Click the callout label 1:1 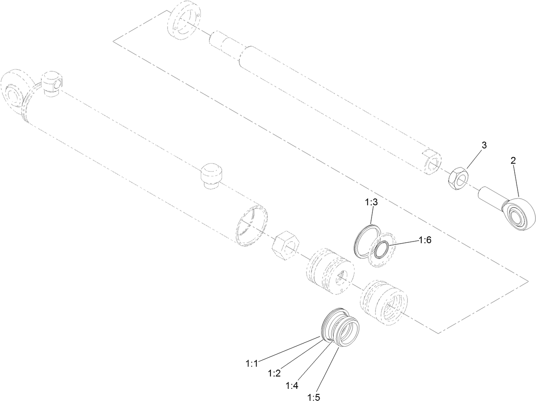[252, 364]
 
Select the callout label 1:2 [274, 373]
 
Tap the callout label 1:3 [371, 203]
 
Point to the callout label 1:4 [292, 385]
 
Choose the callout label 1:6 [425, 240]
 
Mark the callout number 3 [484, 145]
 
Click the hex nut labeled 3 [458, 179]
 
